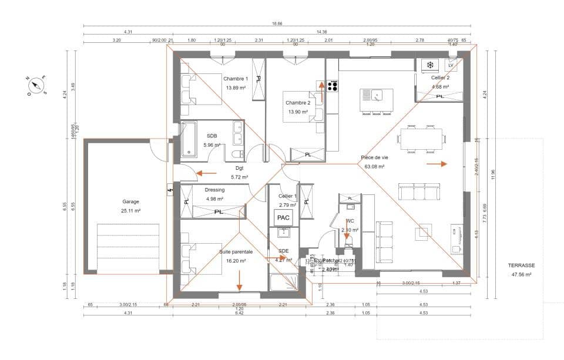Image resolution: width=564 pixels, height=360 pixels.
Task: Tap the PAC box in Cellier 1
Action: click(x=283, y=217)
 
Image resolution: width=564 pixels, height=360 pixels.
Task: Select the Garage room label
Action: click(x=130, y=201)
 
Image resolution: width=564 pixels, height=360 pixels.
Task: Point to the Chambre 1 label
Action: click(x=235, y=79)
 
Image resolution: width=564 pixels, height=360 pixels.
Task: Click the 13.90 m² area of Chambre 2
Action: click(x=298, y=112)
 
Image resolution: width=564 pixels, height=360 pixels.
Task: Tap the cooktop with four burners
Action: click(x=333, y=86)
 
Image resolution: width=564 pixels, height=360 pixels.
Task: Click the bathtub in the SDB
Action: click(x=189, y=139)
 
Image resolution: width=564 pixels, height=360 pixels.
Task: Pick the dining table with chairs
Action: click(x=422, y=140)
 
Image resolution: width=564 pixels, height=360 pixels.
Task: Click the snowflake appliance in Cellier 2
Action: click(x=429, y=65)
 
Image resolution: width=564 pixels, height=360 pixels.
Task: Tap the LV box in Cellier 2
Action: click(x=451, y=65)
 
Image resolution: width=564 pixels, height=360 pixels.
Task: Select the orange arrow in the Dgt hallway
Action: click(x=207, y=173)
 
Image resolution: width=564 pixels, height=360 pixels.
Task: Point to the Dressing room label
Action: click(x=214, y=190)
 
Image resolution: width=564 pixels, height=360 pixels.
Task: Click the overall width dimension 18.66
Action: click(x=276, y=24)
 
